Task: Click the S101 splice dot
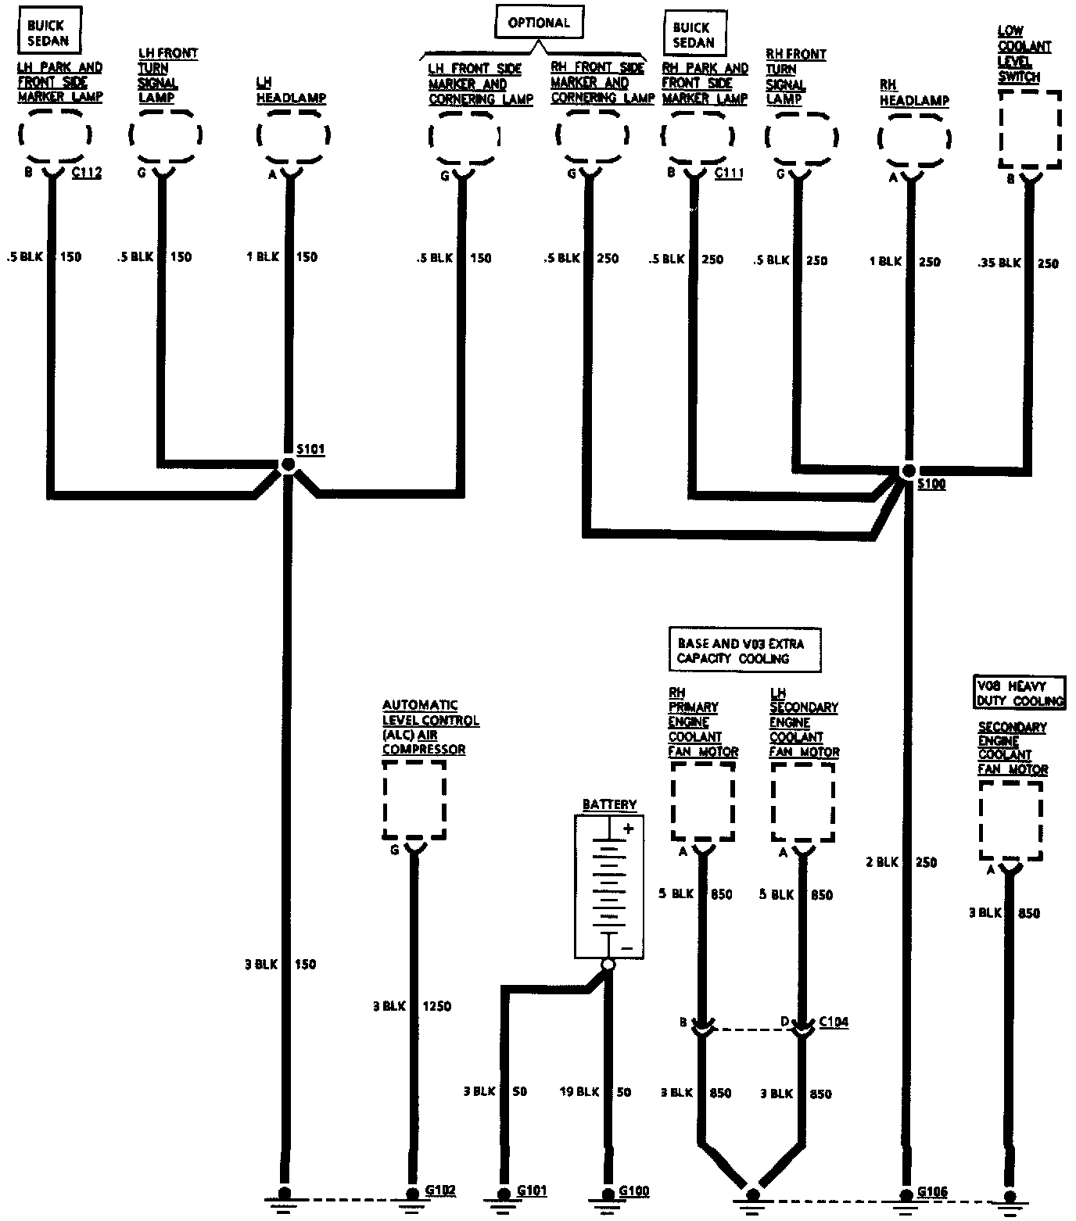[288, 465]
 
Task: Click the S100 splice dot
[908, 471]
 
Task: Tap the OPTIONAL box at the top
[539, 23]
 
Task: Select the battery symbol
[609, 886]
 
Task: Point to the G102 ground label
[440, 1191]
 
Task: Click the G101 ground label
[532, 1191]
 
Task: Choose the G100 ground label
[633, 1191]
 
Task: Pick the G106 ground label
[931, 1192]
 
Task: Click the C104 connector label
[834, 1022]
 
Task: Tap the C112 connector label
[87, 173]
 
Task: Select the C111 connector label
[729, 174]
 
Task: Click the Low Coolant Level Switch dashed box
[1030, 129]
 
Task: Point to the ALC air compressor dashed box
[414, 800]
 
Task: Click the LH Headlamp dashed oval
[293, 134]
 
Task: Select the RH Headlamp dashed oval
[914, 139]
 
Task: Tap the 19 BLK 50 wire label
[595, 1092]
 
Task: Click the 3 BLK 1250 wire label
[412, 1006]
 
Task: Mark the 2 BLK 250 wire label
[901, 862]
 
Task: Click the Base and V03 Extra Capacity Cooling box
[744, 650]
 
